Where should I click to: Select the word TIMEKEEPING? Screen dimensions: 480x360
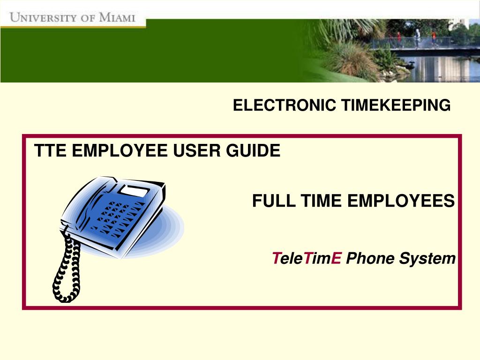pyautogui.click(x=396, y=105)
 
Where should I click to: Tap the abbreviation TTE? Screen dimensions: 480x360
pyautogui.click(x=50, y=150)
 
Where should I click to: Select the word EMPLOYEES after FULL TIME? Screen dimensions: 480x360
pyautogui.click(x=401, y=201)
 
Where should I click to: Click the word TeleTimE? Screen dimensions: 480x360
pyautogui.click(x=307, y=258)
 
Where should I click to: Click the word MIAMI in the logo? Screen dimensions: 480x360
pyautogui.click(x=117, y=17)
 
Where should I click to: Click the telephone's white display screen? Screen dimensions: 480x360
pyautogui.click(x=135, y=191)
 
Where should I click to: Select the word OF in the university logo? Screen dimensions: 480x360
pyautogui.click(x=88, y=17)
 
